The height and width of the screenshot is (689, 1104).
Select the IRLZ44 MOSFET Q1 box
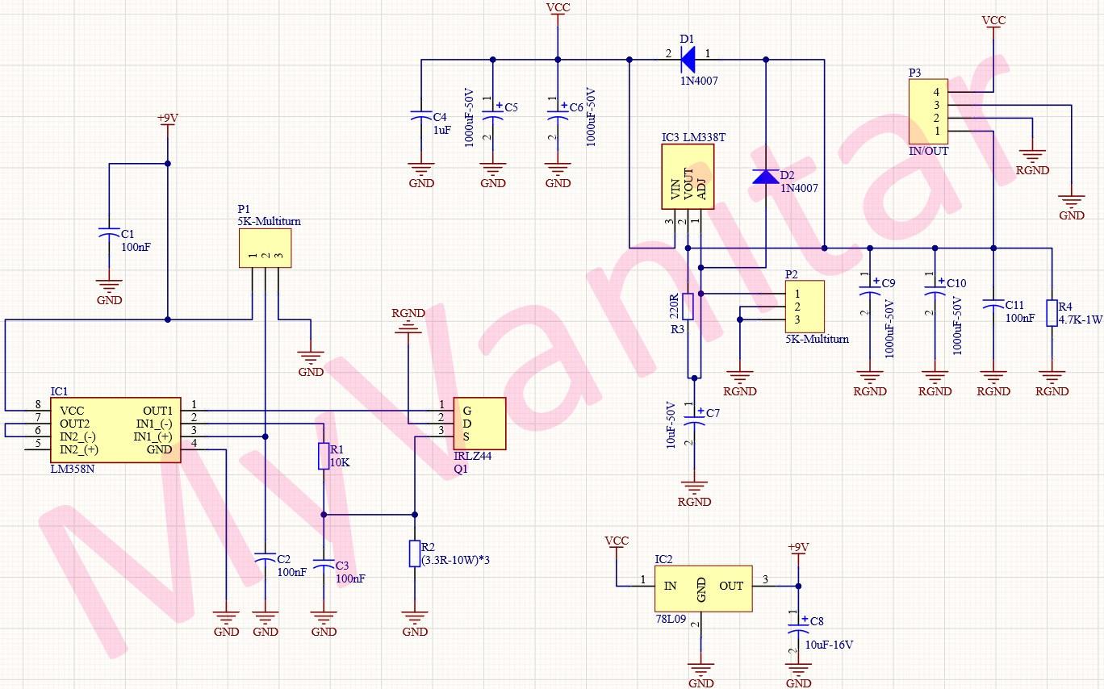click(x=479, y=424)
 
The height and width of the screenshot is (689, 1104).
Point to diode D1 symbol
click(x=688, y=58)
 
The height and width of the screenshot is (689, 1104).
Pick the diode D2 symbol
click(x=765, y=176)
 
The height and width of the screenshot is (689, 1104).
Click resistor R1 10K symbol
click(x=324, y=456)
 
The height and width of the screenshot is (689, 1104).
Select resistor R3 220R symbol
click(x=688, y=306)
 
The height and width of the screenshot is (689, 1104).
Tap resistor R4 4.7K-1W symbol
click(x=1052, y=313)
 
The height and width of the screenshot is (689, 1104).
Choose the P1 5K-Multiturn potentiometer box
click(x=265, y=247)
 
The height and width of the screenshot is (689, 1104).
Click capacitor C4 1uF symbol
click(x=420, y=116)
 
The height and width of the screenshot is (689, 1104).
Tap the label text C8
click(x=817, y=621)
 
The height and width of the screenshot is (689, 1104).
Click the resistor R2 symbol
click(x=415, y=553)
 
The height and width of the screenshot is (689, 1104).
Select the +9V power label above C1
click(x=167, y=119)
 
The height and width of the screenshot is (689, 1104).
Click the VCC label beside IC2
click(x=617, y=541)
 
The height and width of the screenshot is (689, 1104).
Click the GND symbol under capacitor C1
click(x=109, y=286)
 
